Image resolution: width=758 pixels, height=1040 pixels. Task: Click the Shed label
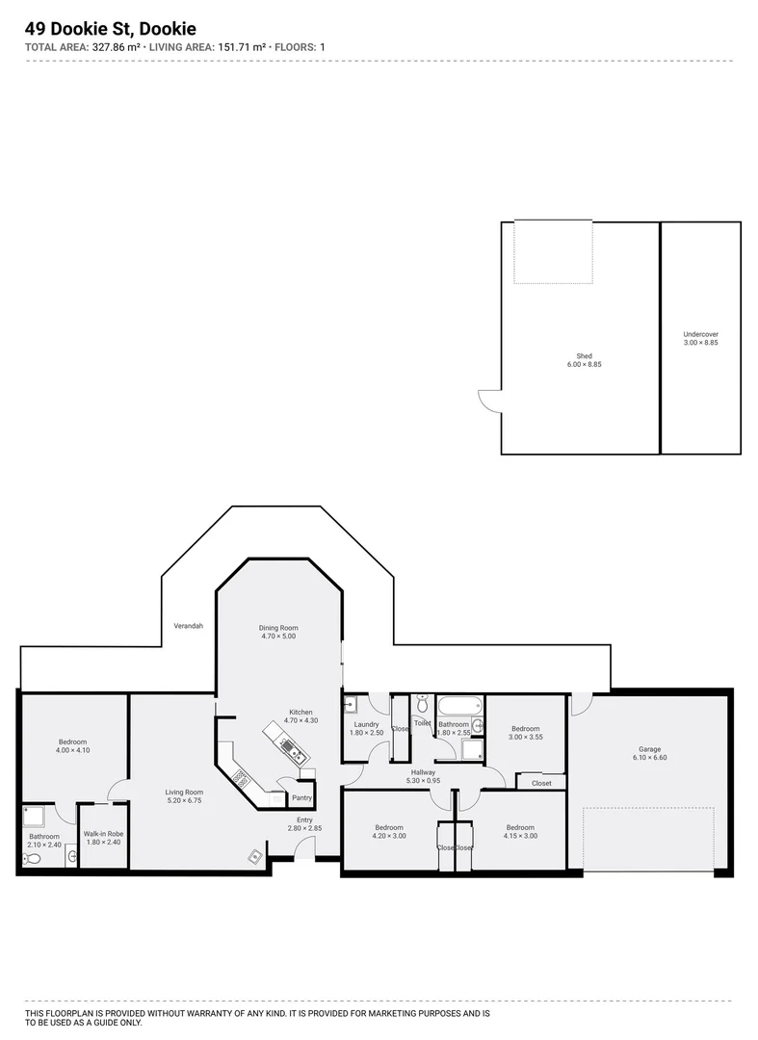pos(584,355)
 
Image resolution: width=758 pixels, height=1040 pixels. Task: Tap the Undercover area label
pos(700,334)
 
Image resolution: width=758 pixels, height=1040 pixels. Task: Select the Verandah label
pos(188,626)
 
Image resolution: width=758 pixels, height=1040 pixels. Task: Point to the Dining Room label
pos(277,628)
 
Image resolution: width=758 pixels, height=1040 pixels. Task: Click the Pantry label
pos(301,797)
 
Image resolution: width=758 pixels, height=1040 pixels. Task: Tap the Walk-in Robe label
pos(103,834)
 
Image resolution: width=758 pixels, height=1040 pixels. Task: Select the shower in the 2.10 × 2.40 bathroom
pos(34,817)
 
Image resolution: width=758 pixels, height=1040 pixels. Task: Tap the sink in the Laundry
pos(352,705)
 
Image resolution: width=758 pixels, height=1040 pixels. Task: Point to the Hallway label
pos(423,772)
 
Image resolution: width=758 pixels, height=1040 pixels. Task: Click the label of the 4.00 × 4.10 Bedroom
pos(73,742)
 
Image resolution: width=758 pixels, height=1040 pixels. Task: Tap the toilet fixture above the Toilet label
pos(422,705)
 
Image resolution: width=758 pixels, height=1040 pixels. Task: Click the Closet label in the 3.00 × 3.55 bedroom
pos(541,783)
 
